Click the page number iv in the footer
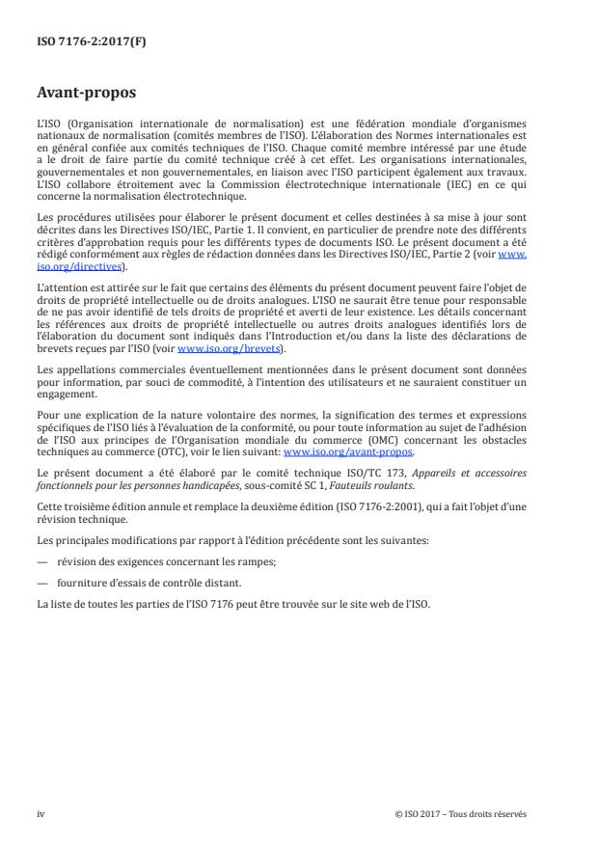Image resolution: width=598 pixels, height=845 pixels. pos(41,813)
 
